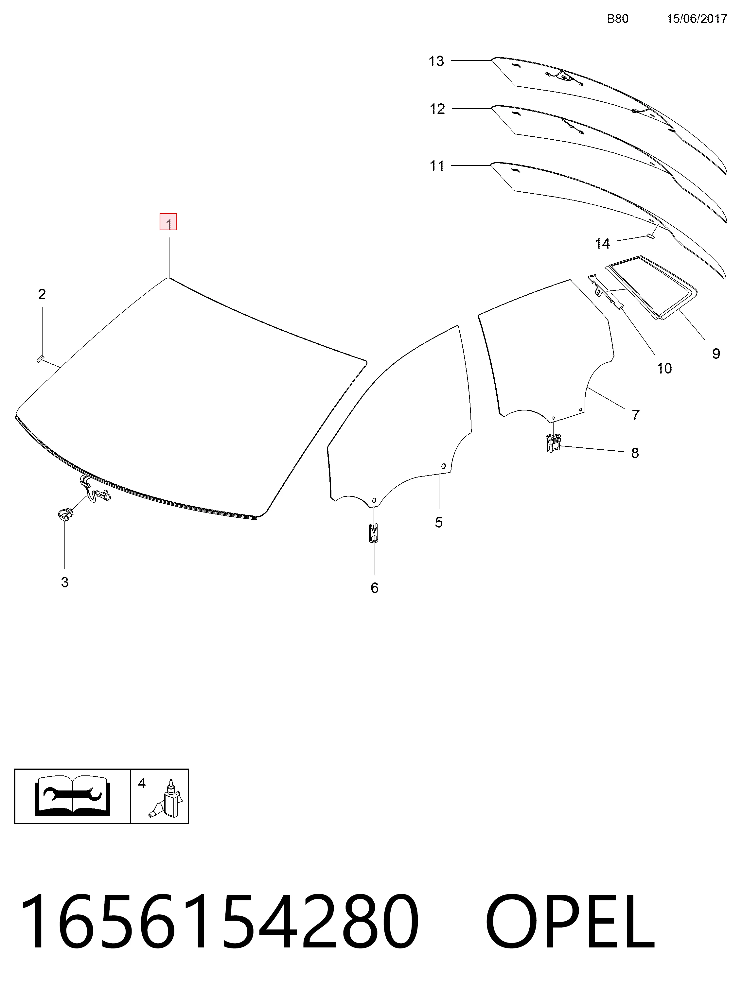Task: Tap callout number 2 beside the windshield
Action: tap(42, 294)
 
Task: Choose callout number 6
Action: tap(375, 588)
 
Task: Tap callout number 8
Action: tap(635, 453)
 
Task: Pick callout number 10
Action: tap(664, 369)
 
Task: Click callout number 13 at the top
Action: tap(436, 61)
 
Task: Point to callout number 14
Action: tap(603, 244)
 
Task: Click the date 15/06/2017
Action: tap(697, 19)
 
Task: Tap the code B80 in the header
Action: tap(618, 19)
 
